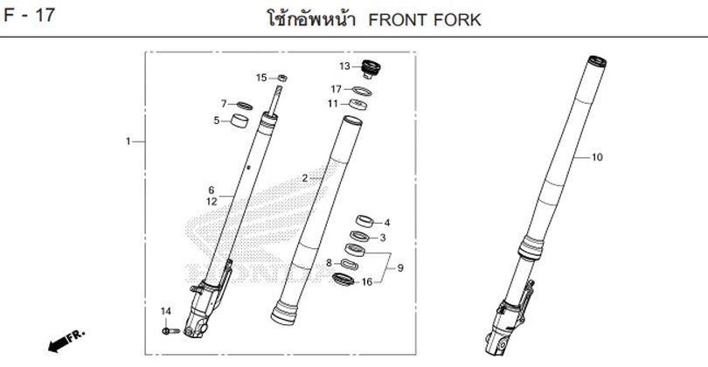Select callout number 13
[x=344, y=66]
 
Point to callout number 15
[x=260, y=78]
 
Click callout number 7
[x=224, y=103]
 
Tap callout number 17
[x=336, y=89]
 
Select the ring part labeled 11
[x=357, y=105]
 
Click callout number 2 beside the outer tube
[x=304, y=178]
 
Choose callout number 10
[x=597, y=158]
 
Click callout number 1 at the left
[x=128, y=141]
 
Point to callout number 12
[x=211, y=201]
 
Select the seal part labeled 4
[x=366, y=220]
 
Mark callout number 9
[x=400, y=267]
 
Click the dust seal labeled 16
[x=344, y=280]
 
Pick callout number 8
[x=329, y=262]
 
